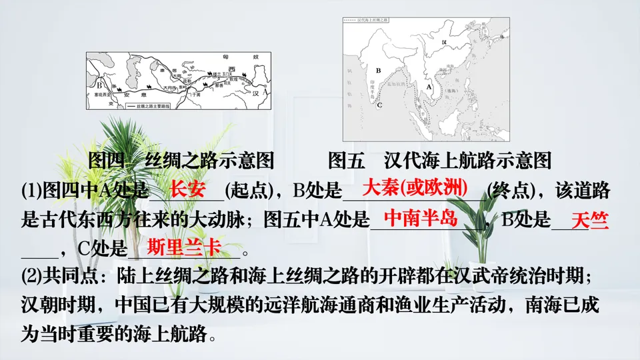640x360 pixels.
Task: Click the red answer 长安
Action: tap(187, 189)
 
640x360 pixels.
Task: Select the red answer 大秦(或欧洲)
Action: tap(413, 187)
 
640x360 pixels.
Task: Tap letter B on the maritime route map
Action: tap(378, 69)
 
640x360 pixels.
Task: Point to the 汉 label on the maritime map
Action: tap(444, 42)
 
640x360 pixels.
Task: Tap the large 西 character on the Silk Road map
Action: tap(231, 70)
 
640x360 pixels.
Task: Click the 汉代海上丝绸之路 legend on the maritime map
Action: tap(366, 21)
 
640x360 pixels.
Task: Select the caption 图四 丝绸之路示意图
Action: tap(181, 161)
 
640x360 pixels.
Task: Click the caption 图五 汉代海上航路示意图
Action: tap(441, 161)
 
